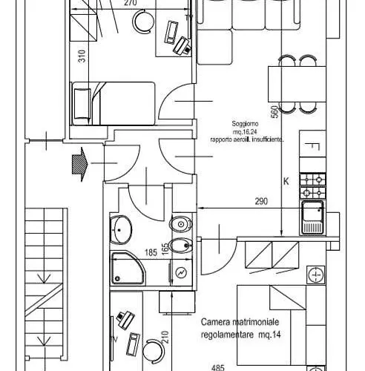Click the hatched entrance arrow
click(80, 164)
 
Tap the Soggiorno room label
click(245, 124)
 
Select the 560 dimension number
click(274, 112)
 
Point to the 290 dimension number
click(261, 201)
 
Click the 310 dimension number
click(82, 56)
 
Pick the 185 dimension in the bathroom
click(151, 252)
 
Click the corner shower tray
click(128, 268)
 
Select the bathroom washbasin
click(121, 230)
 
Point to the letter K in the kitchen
click(286, 182)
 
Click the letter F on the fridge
click(312, 147)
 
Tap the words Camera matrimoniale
click(240, 322)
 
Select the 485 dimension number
click(218, 368)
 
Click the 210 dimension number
click(165, 337)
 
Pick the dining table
click(297, 84)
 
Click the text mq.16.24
click(245, 132)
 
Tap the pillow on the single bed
click(82, 104)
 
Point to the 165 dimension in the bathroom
click(165, 249)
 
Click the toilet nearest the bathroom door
click(181, 224)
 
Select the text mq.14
click(270, 335)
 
